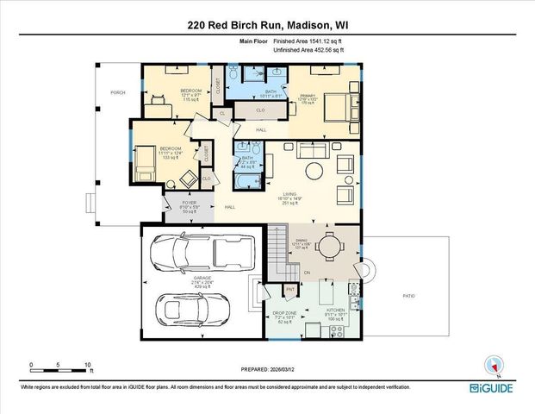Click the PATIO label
point(409,297)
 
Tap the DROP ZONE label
point(284,312)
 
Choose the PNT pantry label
point(290,289)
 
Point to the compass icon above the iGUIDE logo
point(493,365)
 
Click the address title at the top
point(267,26)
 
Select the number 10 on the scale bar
point(87,364)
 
